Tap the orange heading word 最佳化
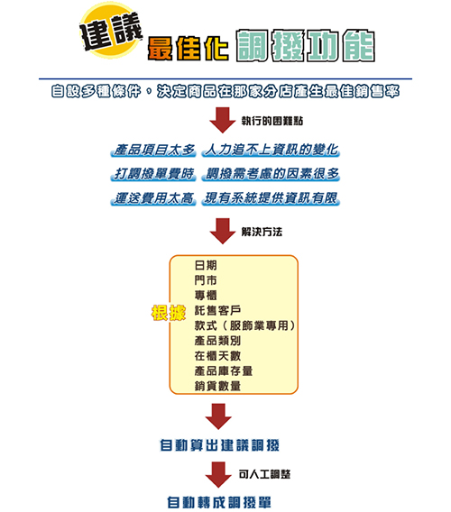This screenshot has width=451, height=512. coord(188,49)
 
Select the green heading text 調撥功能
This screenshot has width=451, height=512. coord(306,46)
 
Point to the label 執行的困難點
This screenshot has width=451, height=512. coord(272,121)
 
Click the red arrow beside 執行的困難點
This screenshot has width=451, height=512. coord(223,120)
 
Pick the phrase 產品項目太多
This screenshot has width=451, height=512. coord(153,150)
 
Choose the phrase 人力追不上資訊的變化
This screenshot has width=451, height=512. coord(271,150)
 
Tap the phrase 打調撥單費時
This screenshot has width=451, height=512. coord(153,174)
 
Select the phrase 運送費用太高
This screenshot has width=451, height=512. coord(153,198)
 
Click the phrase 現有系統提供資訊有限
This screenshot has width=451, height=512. coord(271,198)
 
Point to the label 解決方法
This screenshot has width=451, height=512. coord(262,232)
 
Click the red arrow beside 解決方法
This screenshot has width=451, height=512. coord(223,231)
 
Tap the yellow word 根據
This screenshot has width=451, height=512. coord(169,313)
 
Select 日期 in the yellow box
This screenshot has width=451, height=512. coord(206,265)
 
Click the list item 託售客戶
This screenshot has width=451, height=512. coord(217,310)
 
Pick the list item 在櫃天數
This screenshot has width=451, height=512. coord(217,355)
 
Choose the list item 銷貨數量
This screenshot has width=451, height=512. coord(217,386)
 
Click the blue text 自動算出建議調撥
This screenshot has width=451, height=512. coord(219,445)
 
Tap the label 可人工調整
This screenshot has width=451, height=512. coord(264,474)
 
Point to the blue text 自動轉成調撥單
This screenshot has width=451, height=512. coord(219,502)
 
